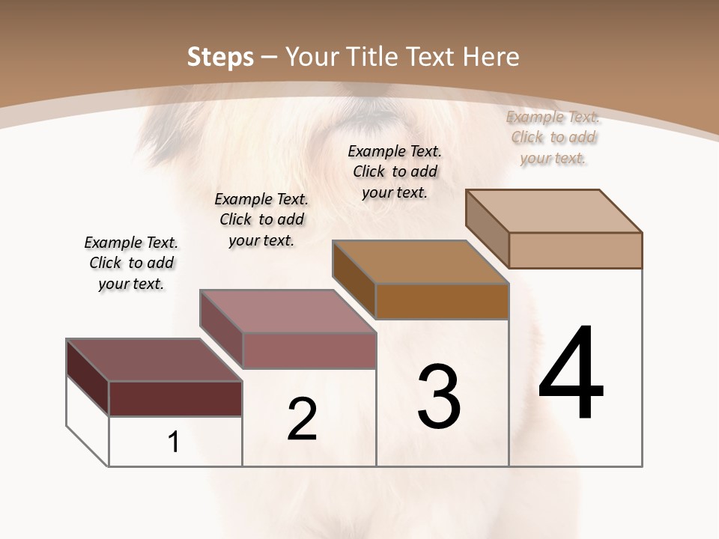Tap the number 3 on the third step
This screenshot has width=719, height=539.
coord(439,396)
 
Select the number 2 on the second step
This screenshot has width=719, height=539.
coord(302,419)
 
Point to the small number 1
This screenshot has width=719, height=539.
coord(173,442)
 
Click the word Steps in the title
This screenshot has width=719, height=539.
coord(220,57)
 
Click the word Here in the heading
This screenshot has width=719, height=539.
coord(491,57)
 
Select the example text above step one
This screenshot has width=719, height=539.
coord(131,263)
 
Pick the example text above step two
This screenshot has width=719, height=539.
coord(261,219)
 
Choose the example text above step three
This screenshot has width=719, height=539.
coord(395,171)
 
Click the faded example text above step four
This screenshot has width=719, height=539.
coord(553,137)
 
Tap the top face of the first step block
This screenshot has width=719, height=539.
coord(154,360)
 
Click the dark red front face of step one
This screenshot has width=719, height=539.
coord(175,398)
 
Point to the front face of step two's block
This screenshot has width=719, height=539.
coord(309,350)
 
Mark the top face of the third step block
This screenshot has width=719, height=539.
coord(420,262)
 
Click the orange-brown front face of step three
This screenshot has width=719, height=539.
coord(442,301)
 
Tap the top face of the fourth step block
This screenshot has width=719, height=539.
coord(553,211)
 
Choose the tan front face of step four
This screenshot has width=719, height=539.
coord(575,250)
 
